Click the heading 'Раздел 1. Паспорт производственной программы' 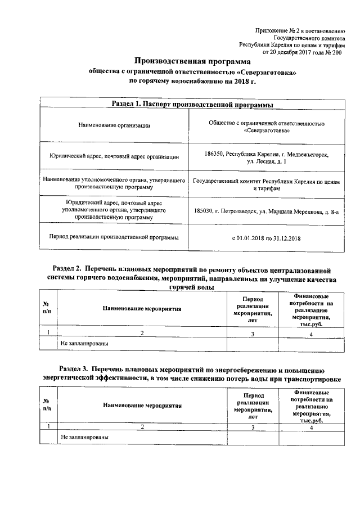click(192, 105)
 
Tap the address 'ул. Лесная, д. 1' click(267, 161)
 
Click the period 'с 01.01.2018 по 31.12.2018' click(267, 238)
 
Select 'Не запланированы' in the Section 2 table click(84, 343)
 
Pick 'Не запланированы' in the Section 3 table click(84, 436)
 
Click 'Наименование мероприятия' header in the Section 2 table click(142, 309)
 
